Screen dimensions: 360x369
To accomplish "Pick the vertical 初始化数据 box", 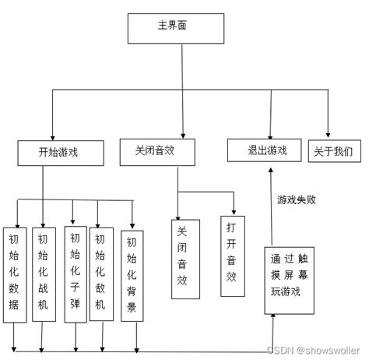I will tap(15, 274).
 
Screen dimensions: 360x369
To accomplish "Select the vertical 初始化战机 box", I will tap(43, 274).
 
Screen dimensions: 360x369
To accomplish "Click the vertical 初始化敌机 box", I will tap(100, 274).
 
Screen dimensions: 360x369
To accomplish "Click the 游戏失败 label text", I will tap(297, 200).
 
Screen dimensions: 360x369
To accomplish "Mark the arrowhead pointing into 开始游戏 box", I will tap(51, 136).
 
